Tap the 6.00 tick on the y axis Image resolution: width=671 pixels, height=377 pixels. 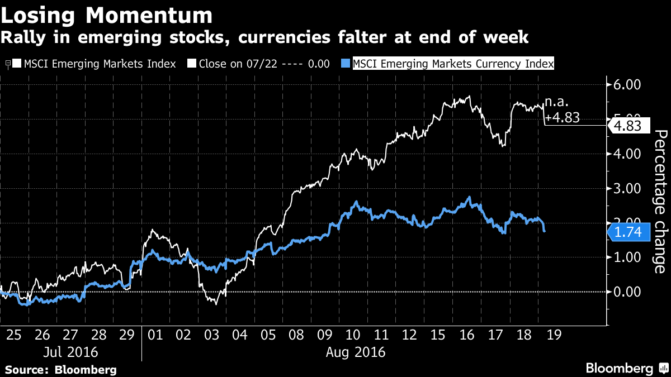pos(626,85)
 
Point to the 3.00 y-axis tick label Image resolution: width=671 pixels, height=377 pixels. pos(626,188)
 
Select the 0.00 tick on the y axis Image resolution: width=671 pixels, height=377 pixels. pos(626,292)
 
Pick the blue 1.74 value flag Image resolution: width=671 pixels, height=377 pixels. pos(630,232)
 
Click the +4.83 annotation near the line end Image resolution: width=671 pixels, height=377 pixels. pos(561,118)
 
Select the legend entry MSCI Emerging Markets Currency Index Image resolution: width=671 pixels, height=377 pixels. pos(447,64)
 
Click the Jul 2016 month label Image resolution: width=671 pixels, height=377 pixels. pos(70,352)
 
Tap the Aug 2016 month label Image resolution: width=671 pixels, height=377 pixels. pos(355,352)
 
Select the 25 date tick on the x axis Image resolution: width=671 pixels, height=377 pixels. pos(14,335)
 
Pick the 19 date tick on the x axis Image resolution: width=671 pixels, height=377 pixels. pos(552,335)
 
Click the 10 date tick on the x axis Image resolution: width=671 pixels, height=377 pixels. pos(352,335)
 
